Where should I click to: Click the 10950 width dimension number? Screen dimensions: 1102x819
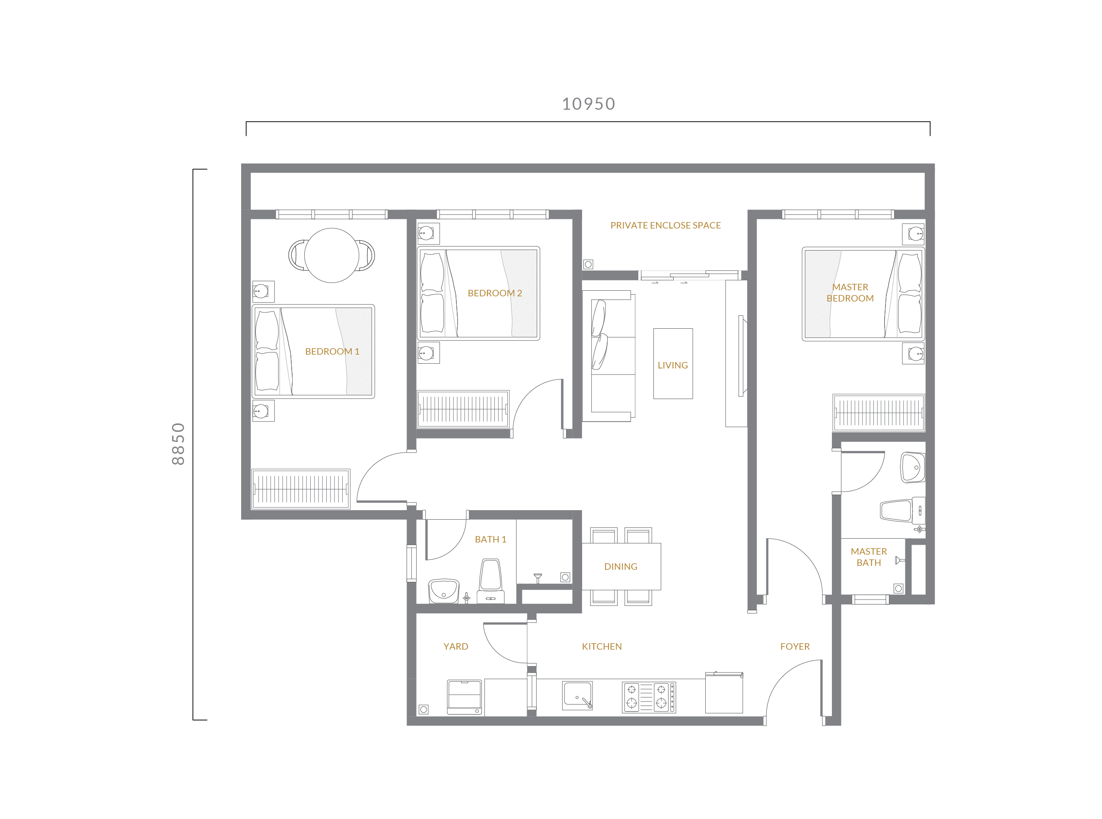click(x=588, y=104)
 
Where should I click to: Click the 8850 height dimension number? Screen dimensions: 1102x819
click(x=178, y=444)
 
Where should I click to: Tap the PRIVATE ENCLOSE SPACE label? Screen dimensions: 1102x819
click(x=665, y=225)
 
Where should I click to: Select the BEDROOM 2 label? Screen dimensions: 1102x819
click(x=494, y=293)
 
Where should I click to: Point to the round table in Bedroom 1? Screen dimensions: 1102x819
click(x=331, y=255)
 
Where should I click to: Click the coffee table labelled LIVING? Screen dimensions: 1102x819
click(x=672, y=363)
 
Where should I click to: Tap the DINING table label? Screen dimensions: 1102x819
click(x=621, y=566)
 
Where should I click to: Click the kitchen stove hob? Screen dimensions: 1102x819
click(x=649, y=697)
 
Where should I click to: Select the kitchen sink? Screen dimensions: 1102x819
click(x=577, y=695)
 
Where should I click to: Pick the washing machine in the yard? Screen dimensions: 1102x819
click(x=464, y=697)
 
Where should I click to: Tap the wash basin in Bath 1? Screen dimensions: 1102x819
click(x=443, y=590)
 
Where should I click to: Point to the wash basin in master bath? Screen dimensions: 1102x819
click(x=913, y=467)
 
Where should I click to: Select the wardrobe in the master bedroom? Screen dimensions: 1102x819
click(x=878, y=413)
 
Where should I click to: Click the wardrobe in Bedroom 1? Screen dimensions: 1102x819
click(x=300, y=489)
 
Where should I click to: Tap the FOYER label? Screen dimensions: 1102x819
click(x=794, y=647)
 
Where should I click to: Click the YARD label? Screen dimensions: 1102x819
click(x=455, y=647)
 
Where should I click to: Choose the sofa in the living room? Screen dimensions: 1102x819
click(x=608, y=356)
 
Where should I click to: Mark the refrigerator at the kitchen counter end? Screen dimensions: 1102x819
click(x=723, y=692)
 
